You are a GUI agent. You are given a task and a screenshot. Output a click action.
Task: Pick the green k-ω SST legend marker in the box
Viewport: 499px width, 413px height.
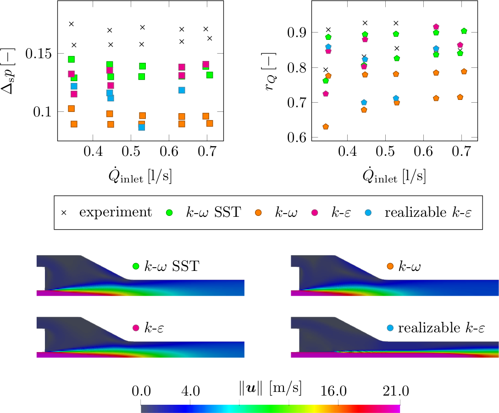point(169,213)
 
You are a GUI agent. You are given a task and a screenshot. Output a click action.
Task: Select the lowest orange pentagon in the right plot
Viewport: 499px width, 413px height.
point(326,127)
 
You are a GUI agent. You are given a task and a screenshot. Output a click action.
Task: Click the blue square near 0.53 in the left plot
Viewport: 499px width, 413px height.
point(142,127)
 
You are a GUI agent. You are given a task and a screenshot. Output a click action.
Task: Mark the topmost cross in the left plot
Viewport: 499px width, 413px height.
point(71,24)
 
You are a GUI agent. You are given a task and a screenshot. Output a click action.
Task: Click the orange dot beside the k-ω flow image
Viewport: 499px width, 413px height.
point(390,266)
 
